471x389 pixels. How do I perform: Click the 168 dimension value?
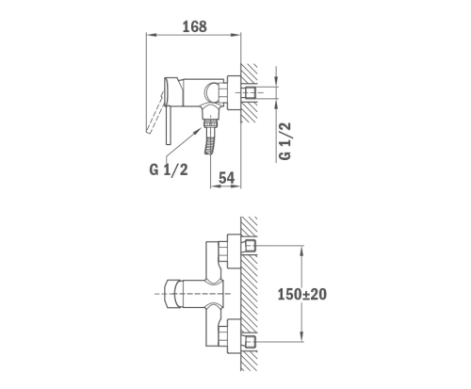195,26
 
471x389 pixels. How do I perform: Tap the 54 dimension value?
226,178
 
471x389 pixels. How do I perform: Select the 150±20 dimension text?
302,295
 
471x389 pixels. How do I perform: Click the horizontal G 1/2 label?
169,170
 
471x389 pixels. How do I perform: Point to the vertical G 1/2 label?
285,141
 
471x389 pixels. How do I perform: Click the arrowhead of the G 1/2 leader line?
199,130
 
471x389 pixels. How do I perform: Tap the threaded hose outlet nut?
211,122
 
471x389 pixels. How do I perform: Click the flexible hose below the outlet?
211,140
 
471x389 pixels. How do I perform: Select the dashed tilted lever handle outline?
154,112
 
